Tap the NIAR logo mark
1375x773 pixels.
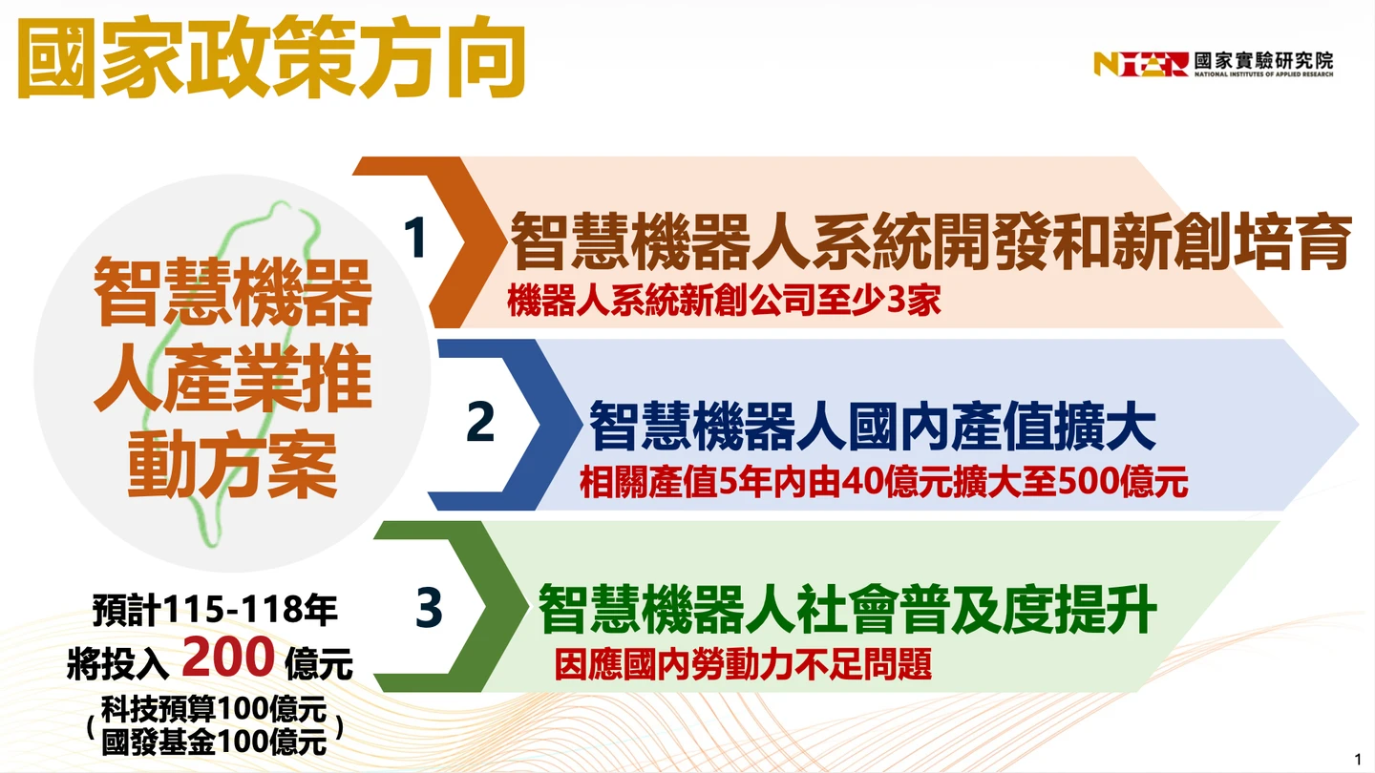click(x=1140, y=64)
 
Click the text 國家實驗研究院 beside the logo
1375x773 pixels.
click(x=1263, y=60)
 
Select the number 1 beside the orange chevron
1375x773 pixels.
click(x=415, y=238)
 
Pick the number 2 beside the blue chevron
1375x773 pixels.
click(x=480, y=422)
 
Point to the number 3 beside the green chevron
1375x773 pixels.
click(x=429, y=607)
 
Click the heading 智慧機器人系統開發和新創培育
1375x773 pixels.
click(x=931, y=241)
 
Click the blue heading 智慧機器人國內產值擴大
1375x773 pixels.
click(x=873, y=427)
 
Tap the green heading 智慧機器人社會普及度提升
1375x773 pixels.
click(x=847, y=609)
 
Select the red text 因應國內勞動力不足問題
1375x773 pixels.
click(x=743, y=664)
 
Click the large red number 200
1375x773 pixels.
click(x=228, y=657)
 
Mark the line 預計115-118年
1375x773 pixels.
click(x=215, y=610)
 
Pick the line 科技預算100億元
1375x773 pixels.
click(x=214, y=709)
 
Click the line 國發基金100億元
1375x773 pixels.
click(x=214, y=742)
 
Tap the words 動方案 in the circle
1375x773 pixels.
click(x=232, y=465)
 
